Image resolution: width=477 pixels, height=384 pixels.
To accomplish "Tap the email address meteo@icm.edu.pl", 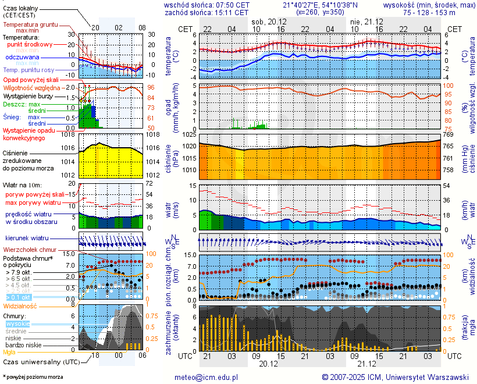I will click(207, 377).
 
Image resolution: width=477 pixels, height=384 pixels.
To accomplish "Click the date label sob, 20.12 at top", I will click(268, 21).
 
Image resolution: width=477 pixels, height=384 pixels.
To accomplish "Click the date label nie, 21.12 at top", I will click(365, 21).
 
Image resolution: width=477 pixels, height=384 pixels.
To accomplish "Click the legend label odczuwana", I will click(22, 58).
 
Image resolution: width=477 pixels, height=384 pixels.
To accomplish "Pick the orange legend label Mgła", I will click(9, 352).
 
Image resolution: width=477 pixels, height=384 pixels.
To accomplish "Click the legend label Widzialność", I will click(20, 305).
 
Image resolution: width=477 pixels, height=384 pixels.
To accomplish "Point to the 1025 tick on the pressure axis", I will click(188, 135).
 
